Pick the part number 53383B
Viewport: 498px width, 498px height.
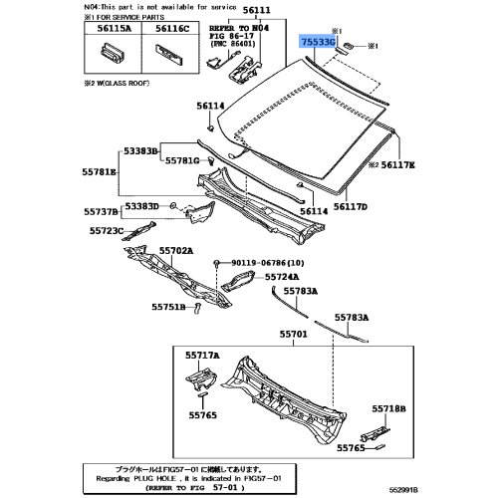pyautogui.click(x=140, y=151)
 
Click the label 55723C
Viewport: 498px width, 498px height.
pyautogui.click(x=105, y=230)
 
